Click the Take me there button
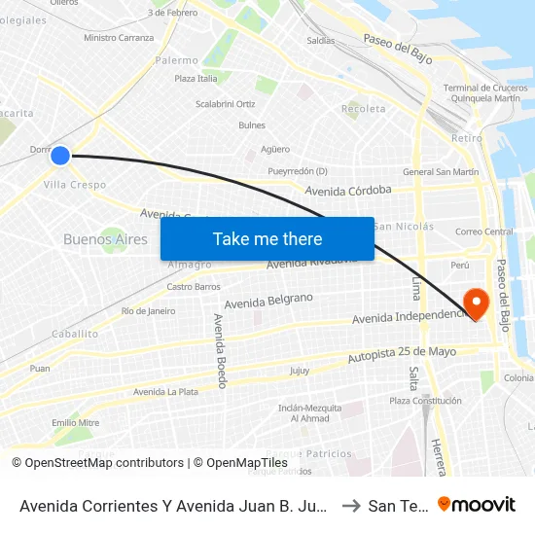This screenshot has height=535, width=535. [x=267, y=238]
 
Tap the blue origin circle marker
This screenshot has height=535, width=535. [x=60, y=155]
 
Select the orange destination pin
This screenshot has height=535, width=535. [x=477, y=302]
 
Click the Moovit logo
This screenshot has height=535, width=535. [x=477, y=505]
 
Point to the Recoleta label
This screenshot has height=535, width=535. [x=363, y=109]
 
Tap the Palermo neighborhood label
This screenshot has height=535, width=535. [x=176, y=60]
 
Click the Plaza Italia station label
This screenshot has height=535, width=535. [x=196, y=79]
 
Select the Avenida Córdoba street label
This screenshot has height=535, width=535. [x=348, y=191]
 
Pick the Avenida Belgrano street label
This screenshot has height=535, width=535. [x=268, y=302]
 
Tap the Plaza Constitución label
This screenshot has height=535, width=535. [x=425, y=401]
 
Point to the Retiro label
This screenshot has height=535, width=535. [x=467, y=138]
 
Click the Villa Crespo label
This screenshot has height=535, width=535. [x=75, y=185]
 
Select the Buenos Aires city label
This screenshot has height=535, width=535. [x=105, y=239]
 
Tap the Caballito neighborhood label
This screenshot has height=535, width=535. [x=75, y=334]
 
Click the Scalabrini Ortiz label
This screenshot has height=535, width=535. [x=225, y=104]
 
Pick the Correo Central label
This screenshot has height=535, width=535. [x=483, y=232]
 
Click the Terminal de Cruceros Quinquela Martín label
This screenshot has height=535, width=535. [x=481, y=93]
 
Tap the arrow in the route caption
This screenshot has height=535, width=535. [x=351, y=505]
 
